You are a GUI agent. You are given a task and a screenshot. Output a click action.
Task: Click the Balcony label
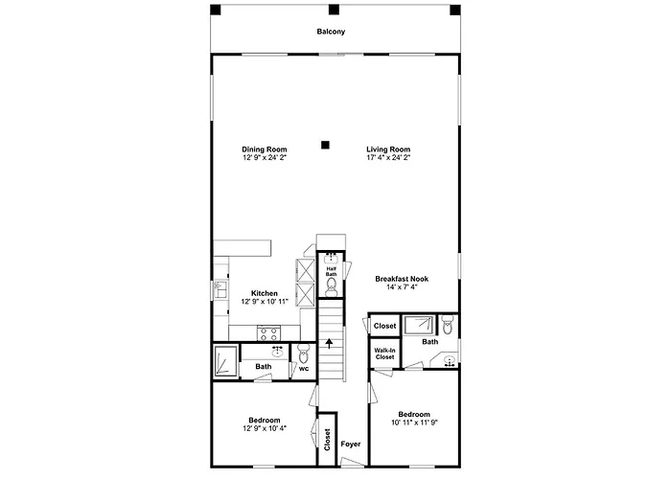point(331,32)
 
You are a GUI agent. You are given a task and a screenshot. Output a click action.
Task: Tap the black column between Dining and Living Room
point(325,145)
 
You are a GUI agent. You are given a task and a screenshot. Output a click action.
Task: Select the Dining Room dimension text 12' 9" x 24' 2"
point(265,157)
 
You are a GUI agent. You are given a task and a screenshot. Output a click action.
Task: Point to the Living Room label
point(388,149)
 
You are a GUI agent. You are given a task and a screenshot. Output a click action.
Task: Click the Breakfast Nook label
point(402,279)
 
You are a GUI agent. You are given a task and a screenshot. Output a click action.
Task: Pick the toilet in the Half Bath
point(332,287)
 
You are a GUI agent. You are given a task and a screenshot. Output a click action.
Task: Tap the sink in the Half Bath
point(332,258)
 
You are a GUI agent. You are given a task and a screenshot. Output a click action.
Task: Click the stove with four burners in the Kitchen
point(268,333)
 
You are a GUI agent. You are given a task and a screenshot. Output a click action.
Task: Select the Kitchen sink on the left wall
point(220,289)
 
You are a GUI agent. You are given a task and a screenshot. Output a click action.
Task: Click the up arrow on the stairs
point(329,343)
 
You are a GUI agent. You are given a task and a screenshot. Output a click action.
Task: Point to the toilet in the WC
point(304,354)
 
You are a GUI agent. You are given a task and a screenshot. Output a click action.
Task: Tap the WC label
point(304,369)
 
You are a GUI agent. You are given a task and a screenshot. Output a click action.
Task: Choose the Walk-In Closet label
point(384,354)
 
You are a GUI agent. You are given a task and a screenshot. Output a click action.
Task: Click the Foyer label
point(351,444)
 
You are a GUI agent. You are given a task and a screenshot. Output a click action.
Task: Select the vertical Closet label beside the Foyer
point(328,440)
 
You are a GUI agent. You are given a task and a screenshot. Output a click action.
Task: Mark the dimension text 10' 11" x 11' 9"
point(414,422)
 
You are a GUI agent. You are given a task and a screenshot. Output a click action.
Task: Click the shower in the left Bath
point(225,361)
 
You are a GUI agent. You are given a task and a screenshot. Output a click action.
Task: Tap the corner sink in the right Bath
point(448,360)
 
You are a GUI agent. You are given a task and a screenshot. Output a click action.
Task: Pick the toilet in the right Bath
point(448,325)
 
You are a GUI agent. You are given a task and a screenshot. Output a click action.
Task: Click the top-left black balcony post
point(216,10)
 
